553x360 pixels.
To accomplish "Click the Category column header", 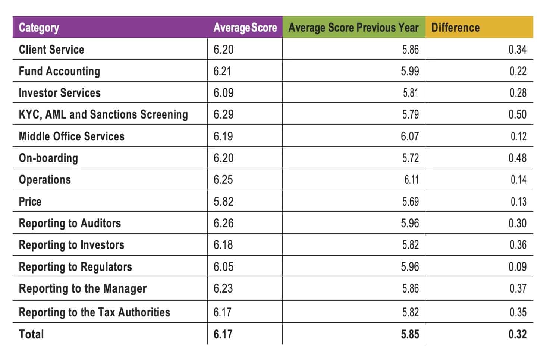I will [39, 28].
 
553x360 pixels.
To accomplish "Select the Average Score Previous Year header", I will [353, 28].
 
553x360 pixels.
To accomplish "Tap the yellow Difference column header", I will [455, 28].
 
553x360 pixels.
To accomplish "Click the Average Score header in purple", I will [245, 28].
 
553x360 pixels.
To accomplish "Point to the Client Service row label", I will [51, 50].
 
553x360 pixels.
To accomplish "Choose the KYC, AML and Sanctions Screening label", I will [103, 114].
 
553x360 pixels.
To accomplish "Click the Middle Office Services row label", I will [72, 136].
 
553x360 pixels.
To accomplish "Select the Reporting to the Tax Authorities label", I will [94, 312].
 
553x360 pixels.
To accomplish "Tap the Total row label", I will [31, 334].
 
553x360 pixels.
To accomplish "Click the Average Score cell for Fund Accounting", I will [222, 71].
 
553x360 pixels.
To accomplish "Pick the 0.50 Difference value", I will [517, 114].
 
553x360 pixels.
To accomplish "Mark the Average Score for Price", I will [223, 202].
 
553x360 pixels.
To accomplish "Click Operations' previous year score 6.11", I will [411, 180].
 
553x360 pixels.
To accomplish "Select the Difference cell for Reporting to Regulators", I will [517, 267].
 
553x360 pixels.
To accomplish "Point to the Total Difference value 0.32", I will [517, 334].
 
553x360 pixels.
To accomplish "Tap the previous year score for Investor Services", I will [411, 93].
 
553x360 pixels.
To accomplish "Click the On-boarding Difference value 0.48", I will [517, 158].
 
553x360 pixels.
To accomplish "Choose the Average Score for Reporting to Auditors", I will [223, 223].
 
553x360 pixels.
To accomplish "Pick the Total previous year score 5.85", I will [410, 334].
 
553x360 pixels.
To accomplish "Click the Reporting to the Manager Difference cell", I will [518, 288].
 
